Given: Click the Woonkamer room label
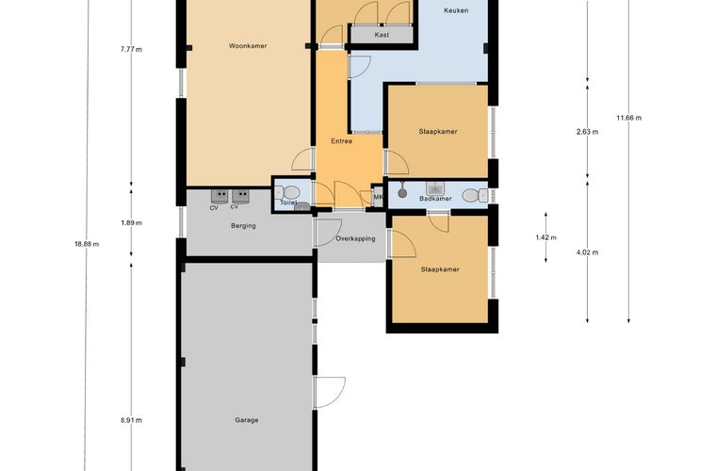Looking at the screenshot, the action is click(248, 46).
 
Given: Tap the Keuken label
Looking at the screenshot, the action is click(456, 10).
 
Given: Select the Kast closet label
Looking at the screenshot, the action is click(382, 35).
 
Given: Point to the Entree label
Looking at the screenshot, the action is click(342, 141).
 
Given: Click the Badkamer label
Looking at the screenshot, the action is click(435, 199).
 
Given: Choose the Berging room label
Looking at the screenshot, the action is click(243, 226).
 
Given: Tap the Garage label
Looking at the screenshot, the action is click(247, 420).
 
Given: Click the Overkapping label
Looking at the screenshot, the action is click(356, 238).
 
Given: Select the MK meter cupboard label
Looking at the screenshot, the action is click(378, 197).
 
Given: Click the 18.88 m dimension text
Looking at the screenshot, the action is click(87, 244).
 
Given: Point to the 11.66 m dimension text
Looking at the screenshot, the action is click(628, 118).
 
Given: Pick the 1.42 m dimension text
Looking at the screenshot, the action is click(546, 237).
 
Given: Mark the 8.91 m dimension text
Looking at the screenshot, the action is click(132, 420).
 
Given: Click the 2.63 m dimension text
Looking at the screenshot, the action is click(587, 132).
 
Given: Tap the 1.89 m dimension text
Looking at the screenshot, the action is click(132, 223).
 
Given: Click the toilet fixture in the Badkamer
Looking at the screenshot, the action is click(475, 196).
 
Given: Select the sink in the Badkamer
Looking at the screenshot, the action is click(435, 188).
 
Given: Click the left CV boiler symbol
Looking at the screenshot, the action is click(220, 196).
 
